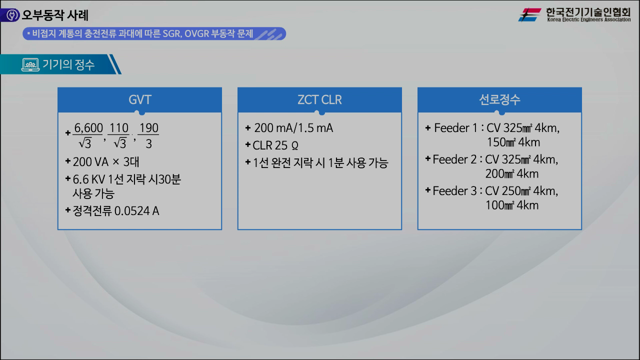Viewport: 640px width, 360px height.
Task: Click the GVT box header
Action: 139,99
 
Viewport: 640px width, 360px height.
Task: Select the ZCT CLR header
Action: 319,99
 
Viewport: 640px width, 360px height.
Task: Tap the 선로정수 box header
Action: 499,99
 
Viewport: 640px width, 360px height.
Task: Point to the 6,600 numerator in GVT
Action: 88,128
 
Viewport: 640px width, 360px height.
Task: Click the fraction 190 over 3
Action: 148,136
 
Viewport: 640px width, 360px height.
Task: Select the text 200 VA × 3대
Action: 105,162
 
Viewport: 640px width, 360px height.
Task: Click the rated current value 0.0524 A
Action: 136,211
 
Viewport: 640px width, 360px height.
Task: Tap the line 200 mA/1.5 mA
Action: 293,128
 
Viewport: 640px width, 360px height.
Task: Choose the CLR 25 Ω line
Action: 275,145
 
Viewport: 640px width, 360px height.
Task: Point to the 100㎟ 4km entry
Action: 511,205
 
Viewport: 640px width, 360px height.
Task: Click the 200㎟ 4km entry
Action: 511,173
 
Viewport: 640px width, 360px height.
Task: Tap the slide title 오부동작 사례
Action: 55,15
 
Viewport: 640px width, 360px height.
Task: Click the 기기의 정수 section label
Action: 68,64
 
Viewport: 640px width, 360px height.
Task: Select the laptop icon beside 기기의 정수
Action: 30,64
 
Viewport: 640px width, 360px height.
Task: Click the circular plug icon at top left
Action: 10,15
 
